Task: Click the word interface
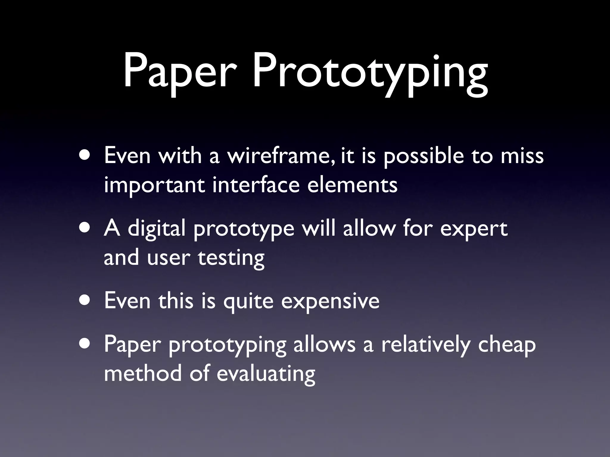click(x=256, y=184)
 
